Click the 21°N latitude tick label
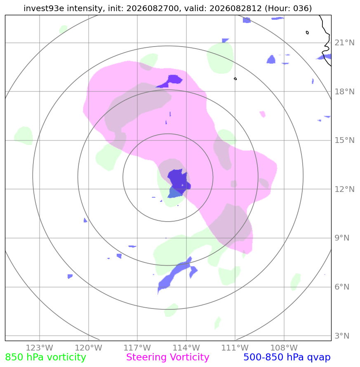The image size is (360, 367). pyautogui.click(x=344, y=43)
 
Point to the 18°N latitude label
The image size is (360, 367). pyautogui.click(x=344, y=92)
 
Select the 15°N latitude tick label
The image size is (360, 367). pyautogui.click(x=344, y=140)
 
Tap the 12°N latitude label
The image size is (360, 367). pyautogui.click(x=344, y=189)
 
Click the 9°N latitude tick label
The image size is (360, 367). pyautogui.click(x=342, y=238)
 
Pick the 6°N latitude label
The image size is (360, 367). pyautogui.click(x=342, y=287)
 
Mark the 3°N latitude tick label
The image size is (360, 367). pyautogui.click(x=342, y=336)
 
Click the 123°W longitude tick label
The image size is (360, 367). pyautogui.click(x=39, y=348)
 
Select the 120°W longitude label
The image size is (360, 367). pyautogui.click(x=89, y=348)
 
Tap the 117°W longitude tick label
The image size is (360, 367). pyautogui.click(x=137, y=348)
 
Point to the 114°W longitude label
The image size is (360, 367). pyautogui.click(x=186, y=348)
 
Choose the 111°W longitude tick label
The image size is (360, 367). pyautogui.click(x=235, y=348)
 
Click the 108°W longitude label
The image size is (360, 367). pyautogui.click(x=284, y=348)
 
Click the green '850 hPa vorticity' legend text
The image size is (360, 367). pyautogui.click(x=45, y=358)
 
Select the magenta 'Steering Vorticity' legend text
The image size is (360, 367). pyautogui.click(x=167, y=358)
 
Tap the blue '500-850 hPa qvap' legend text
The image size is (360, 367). pyautogui.click(x=287, y=358)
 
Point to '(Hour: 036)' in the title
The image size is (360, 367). pyautogui.click(x=288, y=8)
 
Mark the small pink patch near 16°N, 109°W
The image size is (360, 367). pyautogui.click(x=263, y=114)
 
